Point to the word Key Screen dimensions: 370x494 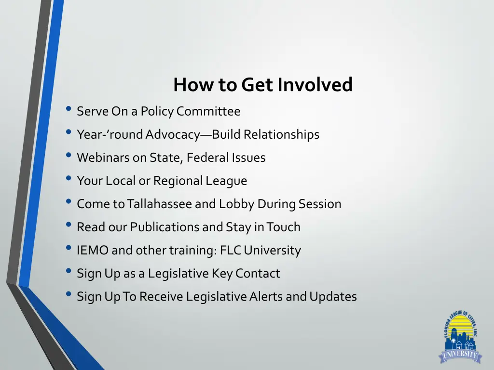coord(222,273)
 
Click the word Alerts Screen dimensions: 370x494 coord(266,296)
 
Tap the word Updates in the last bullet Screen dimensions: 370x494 coord(333,296)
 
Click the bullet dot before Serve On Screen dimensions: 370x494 coord(69,110)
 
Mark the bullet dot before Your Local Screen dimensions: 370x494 coord(69,180)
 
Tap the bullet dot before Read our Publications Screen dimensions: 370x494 coord(69,226)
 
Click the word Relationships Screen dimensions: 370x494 coord(281,134)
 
